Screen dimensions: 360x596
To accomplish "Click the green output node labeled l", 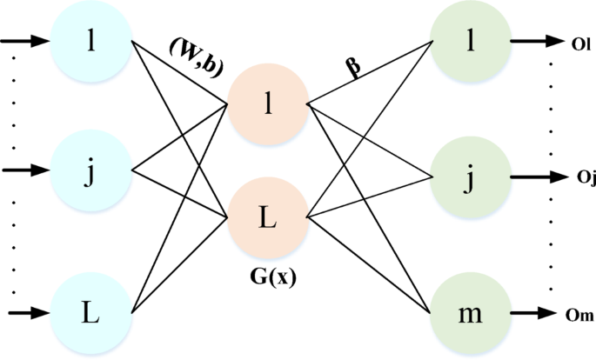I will pyautogui.click(x=470, y=41).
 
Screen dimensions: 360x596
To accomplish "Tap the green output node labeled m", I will pyautogui.click(x=470, y=311).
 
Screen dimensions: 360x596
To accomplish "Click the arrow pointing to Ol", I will pyautogui.click(x=534, y=41).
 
